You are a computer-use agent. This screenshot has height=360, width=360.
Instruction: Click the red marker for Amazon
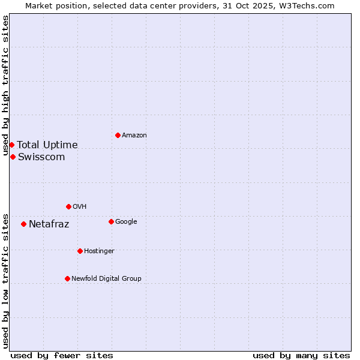point(118,135)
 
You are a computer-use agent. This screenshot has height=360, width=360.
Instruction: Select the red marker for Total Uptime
point(11,145)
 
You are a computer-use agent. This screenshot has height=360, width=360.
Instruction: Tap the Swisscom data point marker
point(13,157)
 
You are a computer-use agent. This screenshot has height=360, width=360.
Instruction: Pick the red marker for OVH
point(68,206)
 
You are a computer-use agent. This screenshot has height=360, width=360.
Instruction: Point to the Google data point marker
point(111,221)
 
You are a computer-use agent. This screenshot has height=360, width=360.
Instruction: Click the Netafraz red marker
point(23,224)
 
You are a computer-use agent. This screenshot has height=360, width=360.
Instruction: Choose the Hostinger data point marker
point(80,251)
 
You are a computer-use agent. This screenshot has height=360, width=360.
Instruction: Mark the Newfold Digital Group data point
point(67,278)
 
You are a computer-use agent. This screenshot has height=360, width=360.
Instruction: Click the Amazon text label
point(134,136)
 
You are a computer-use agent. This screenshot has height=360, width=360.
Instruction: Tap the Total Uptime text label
point(47,145)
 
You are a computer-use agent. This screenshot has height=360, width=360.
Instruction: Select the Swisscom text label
point(41,157)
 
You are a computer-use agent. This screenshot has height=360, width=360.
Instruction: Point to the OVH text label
point(80,207)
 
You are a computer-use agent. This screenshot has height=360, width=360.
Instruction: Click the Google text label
point(126,222)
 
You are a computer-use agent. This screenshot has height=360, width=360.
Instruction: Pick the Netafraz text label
point(49,224)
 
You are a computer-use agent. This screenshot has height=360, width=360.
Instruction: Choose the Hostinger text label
point(99,251)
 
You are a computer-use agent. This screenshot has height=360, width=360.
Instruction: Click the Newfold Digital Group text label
point(106,279)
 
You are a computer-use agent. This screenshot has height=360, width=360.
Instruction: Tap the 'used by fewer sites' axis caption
point(62,355)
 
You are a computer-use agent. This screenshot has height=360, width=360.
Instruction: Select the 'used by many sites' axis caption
point(301,355)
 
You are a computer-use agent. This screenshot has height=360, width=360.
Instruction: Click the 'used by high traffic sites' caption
point(5,86)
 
